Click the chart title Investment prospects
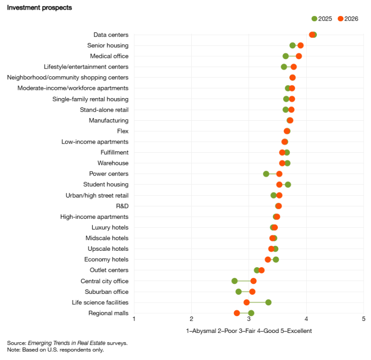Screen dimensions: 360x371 coord(40,8)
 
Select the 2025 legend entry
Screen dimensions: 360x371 coord(322,19)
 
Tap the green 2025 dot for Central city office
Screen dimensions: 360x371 coord(235,281)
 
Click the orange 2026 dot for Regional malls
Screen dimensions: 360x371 coord(237,313)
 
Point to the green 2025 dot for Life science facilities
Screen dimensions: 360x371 coord(268,302)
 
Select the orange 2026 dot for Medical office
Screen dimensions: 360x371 coord(299,56)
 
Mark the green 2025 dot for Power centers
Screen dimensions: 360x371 coord(266,174)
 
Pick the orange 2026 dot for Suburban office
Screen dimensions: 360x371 coord(252,292)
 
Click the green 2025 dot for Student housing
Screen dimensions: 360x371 coord(288,185)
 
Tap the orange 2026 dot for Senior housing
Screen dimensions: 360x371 coord(300,45)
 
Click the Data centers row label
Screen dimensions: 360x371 coord(111,35)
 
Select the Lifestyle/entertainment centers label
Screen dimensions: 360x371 coord(86,67)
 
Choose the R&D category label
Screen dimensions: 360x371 coord(122,206)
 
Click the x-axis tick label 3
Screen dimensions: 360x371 coord(249,319)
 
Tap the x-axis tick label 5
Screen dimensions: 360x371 coord(363,319)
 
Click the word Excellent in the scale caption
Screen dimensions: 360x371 coord(299,331)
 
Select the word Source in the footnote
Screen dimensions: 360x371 coord(16,343)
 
